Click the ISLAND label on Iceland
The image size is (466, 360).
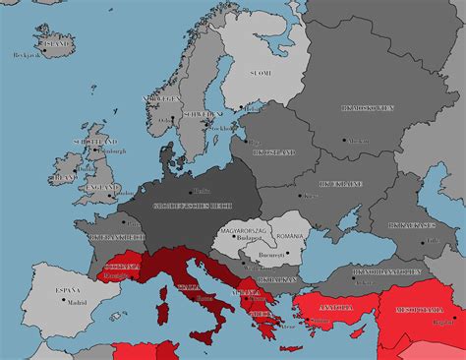pos(55,43)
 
